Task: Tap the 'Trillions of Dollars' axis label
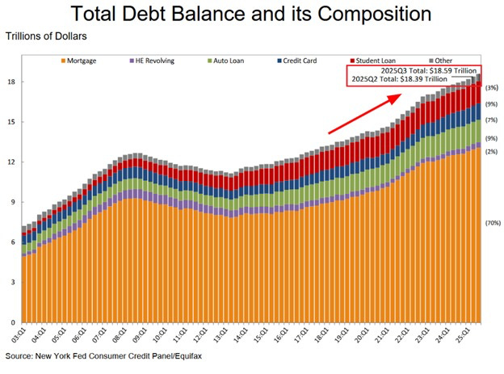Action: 46,37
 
